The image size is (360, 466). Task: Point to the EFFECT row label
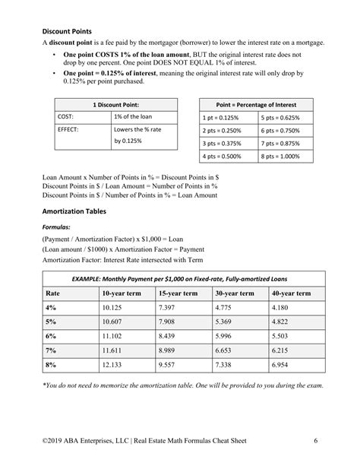point(68,130)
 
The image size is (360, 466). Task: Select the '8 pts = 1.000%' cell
point(280,156)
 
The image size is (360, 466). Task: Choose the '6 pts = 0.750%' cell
point(280,131)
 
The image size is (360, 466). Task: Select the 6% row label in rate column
point(52,335)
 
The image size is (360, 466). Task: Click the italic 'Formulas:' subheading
point(56,227)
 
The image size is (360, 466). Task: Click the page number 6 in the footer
point(315,441)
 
